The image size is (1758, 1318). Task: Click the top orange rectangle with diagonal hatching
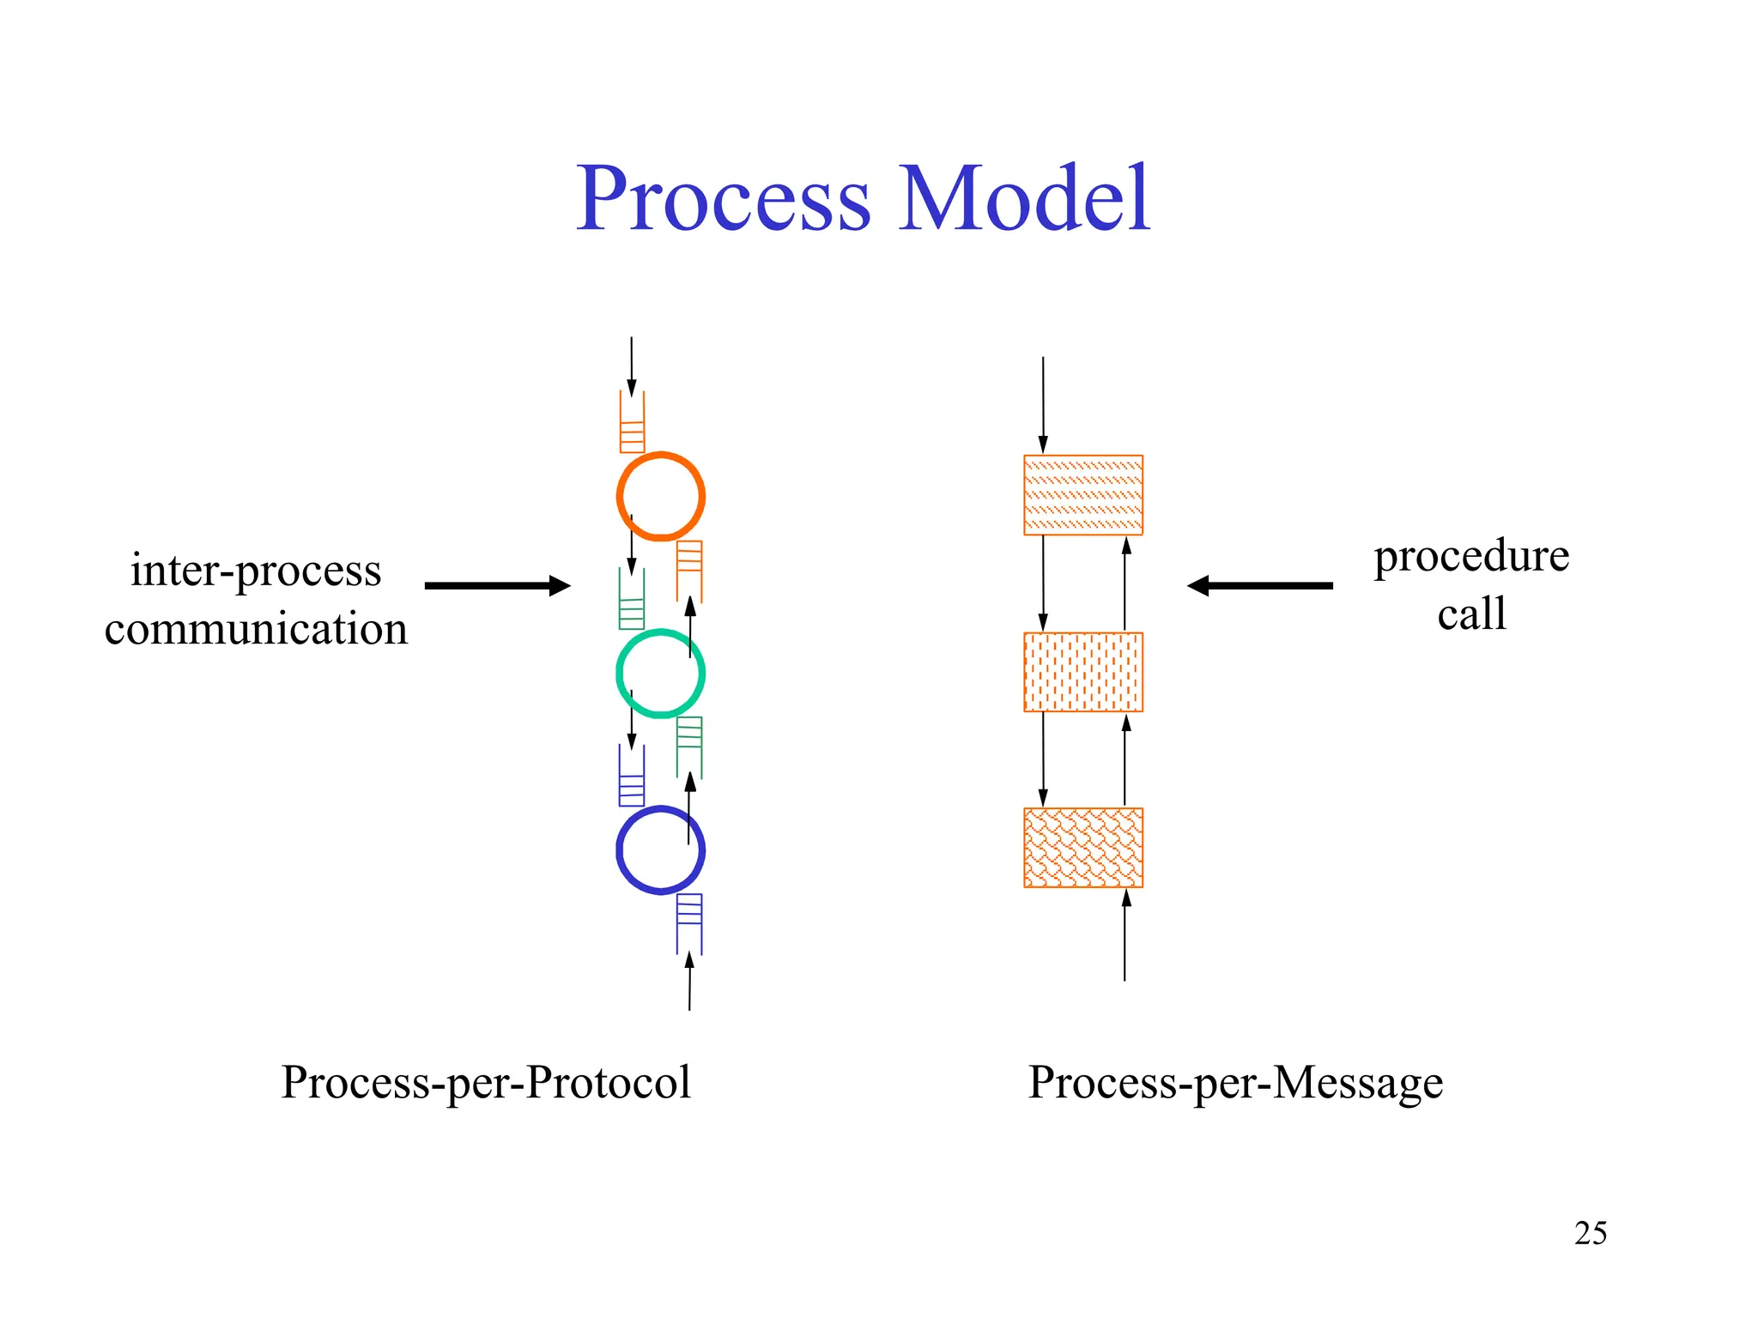(1082, 495)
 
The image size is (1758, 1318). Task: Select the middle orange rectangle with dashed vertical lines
(1082, 672)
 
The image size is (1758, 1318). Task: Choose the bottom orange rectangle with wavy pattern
(1082, 848)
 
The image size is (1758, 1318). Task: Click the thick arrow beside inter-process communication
(496, 586)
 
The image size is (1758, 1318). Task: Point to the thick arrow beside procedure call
(1260, 586)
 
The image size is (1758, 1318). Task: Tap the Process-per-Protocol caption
(486, 1082)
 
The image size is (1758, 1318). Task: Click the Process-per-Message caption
(1234, 1082)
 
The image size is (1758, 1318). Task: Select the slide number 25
(1590, 1233)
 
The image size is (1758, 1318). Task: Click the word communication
(256, 629)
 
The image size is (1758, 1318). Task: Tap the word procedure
(1470, 556)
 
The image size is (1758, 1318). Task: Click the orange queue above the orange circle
(632, 423)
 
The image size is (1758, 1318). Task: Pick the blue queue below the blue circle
(689, 923)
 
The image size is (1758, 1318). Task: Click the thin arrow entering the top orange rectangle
(1043, 403)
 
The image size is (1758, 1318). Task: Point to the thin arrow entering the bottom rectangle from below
(1125, 935)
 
